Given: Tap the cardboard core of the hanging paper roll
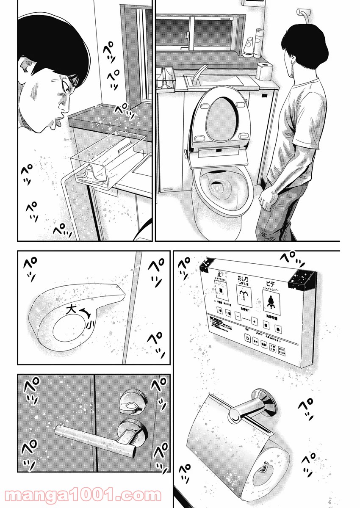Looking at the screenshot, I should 264,467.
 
